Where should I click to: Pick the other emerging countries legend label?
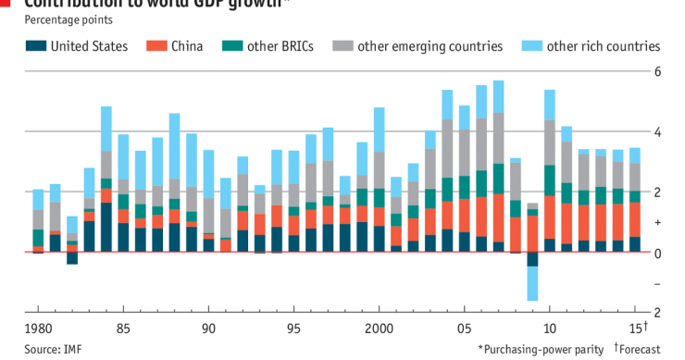pos(430,45)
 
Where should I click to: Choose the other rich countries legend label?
pos(603,45)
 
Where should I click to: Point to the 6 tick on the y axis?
pos(657,72)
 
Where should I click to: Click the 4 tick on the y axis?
pos(657,132)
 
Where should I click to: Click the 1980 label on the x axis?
pos(37,329)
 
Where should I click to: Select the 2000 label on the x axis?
pos(379,329)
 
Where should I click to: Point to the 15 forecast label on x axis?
pos(637,329)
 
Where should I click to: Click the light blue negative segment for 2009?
pos(532,283)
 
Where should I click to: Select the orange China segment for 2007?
pos(498,217)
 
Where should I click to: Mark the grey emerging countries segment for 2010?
pos(550,143)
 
